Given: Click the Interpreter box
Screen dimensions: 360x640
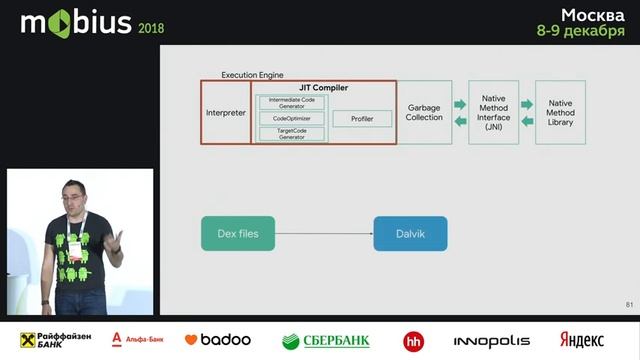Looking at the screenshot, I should pyautogui.click(x=225, y=113).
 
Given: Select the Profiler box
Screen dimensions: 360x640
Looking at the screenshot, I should pyautogui.click(x=354, y=119).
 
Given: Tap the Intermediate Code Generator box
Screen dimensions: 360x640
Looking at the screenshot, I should pyautogui.click(x=292, y=102).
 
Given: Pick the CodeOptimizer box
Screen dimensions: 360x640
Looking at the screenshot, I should pyautogui.click(x=292, y=118).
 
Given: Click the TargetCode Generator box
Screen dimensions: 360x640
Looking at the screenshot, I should pyautogui.click(x=292, y=133).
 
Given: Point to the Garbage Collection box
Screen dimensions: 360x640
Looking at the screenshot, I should pyautogui.click(x=424, y=112).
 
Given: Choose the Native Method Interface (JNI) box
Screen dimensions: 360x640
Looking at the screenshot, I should pyautogui.click(x=494, y=111).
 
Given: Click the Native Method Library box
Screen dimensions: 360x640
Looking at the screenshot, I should pyautogui.click(x=560, y=111).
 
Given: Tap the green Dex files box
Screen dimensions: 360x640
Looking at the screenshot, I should pyautogui.click(x=238, y=233).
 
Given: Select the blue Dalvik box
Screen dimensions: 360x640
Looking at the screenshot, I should pyautogui.click(x=410, y=233).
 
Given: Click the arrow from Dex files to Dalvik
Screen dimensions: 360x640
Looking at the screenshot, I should pyautogui.click(x=324, y=233).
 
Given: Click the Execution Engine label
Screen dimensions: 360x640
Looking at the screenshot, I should pyautogui.click(x=252, y=75).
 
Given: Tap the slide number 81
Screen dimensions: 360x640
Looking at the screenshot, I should pyautogui.click(x=629, y=304).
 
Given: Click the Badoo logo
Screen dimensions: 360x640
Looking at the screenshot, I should pyautogui.click(x=217, y=340).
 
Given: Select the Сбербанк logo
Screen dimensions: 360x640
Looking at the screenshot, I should pyautogui.click(x=326, y=340).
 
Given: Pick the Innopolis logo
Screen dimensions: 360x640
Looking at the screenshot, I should pyautogui.click(x=492, y=340).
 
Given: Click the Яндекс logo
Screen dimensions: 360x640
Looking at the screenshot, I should pyautogui.click(x=582, y=340).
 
